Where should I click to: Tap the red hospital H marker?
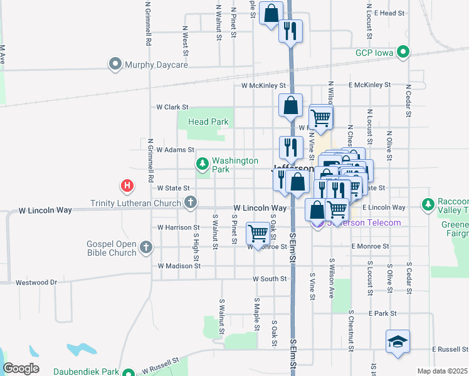click(x=127, y=186)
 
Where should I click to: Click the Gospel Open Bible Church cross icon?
click(x=146, y=248)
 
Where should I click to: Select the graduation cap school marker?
click(x=398, y=342)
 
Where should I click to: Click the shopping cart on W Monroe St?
click(x=258, y=233)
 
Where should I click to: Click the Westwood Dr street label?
click(x=36, y=283)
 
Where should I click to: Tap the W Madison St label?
click(x=179, y=266)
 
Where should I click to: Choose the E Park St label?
click(x=383, y=313)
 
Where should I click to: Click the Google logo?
click(x=21, y=368)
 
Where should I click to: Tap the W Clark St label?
click(x=172, y=107)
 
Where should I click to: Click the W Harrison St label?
click(x=178, y=227)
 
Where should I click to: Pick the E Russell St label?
click(x=450, y=349)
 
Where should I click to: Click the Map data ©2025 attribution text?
click(x=441, y=371)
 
